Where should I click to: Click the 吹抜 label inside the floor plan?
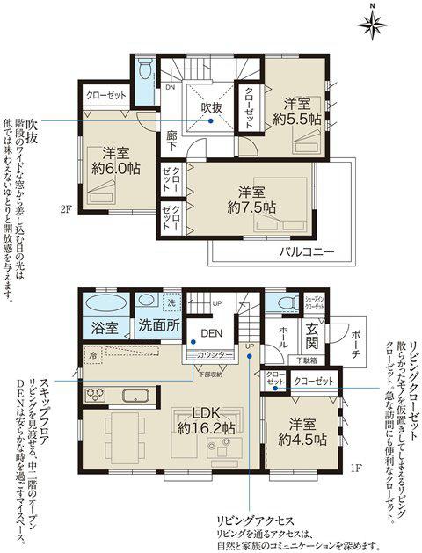click(x=212, y=106)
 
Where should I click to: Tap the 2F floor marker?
click(x=65, y=208)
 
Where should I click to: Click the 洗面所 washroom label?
click(x=159, y=326)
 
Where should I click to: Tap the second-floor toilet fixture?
click(x=146, y=70)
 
